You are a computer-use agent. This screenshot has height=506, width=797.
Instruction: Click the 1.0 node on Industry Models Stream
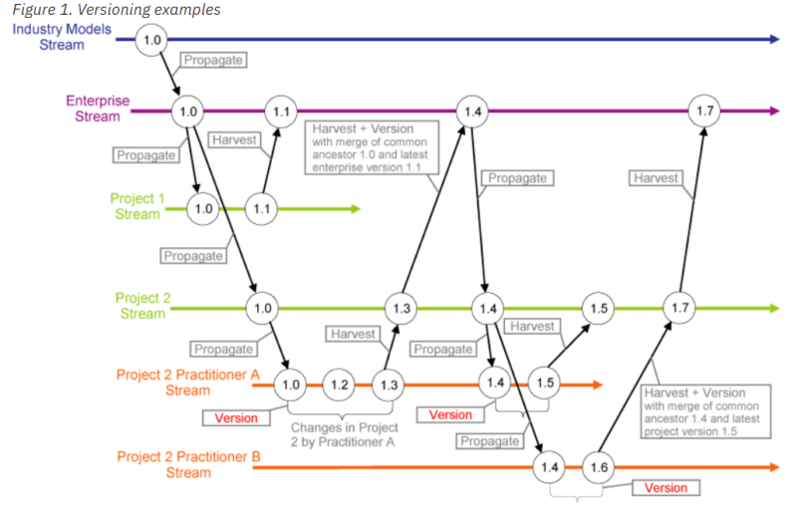click(x=152, y=41)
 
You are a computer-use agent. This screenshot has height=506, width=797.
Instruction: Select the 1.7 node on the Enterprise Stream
click(x=704, y=112)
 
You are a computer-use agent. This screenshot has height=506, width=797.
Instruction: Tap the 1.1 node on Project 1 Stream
click(x=261, y=209)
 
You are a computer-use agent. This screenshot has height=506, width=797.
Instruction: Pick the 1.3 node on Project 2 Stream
click(x=400, y=309)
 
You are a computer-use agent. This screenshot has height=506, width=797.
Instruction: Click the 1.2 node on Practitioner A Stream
click(x=340, y=384)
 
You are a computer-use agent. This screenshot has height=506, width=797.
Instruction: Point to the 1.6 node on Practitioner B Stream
click(x=599, y=467)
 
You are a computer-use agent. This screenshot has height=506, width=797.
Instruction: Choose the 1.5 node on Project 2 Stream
click(x=598, y=309)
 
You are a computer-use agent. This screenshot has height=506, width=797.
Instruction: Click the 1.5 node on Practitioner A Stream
click(x=545, y=382)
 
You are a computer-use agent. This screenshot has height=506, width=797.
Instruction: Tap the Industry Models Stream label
click(x=62, y=37)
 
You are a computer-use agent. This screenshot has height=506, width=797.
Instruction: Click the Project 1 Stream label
click(x=134, y=207)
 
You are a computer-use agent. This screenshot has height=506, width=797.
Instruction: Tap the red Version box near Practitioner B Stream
click(x=666, y=488)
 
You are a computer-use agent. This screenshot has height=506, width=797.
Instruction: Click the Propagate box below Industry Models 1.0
click(x=213, y=61)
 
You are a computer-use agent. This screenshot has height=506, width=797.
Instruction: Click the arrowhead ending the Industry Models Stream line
click(x=774, y=40)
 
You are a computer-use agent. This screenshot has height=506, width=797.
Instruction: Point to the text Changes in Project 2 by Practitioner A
click(x=338, y=434)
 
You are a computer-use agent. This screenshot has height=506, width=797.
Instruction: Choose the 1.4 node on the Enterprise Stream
click(x=472, y=112)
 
